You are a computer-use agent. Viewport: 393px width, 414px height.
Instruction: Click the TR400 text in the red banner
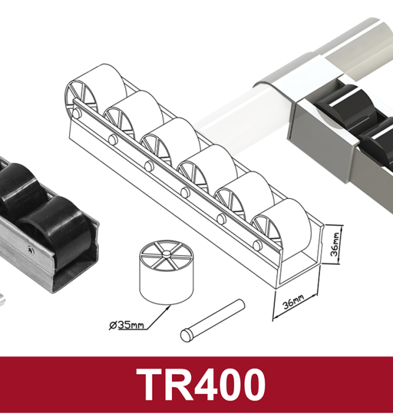point(201,385)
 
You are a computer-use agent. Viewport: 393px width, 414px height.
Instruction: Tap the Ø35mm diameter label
point(126,324)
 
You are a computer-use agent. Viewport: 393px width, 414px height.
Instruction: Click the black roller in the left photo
point(46,221)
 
